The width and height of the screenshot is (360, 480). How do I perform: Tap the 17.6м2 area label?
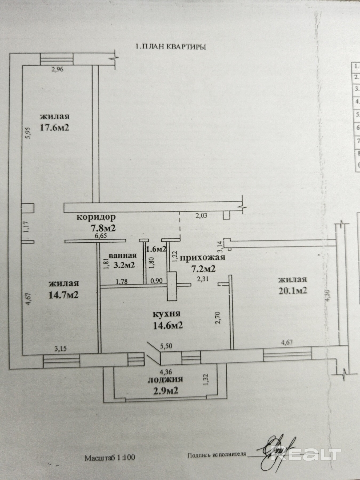tap(54, 127)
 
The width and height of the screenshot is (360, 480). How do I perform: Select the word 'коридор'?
tap(96, 217)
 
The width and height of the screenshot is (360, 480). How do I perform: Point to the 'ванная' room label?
tap(123, 255)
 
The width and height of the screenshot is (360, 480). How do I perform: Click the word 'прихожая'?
tap(203, 257)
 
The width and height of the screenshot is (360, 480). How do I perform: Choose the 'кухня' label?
tap(167, 314)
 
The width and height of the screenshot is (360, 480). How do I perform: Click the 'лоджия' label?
tap(165, 379)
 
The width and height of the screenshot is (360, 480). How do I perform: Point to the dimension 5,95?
tap(29, 133)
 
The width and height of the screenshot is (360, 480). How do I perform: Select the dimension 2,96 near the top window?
tap(57, 70)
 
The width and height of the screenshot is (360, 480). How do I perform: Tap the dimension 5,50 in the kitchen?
tap(166, 346)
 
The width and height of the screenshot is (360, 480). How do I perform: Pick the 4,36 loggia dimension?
tap(165, 371)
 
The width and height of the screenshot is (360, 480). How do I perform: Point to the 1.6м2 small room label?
tap(157, 249)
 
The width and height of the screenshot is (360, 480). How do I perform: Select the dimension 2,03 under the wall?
tap(201, 215)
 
